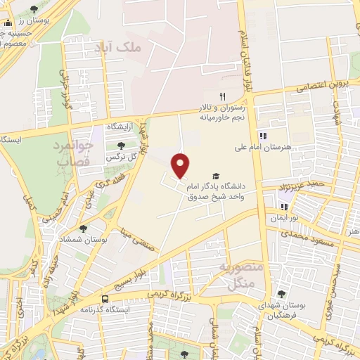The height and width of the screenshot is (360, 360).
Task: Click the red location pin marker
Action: (x=181, y=165)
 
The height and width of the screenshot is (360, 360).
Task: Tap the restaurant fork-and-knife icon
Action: (x=222, y=97)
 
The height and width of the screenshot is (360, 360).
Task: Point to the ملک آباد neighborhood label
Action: (x=117, y=48)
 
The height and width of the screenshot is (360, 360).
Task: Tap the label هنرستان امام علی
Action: (x=263, y=148)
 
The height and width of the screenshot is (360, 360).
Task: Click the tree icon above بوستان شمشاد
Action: (x=84, y=229)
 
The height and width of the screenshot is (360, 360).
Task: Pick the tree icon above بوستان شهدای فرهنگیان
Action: (x=282, y=294)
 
